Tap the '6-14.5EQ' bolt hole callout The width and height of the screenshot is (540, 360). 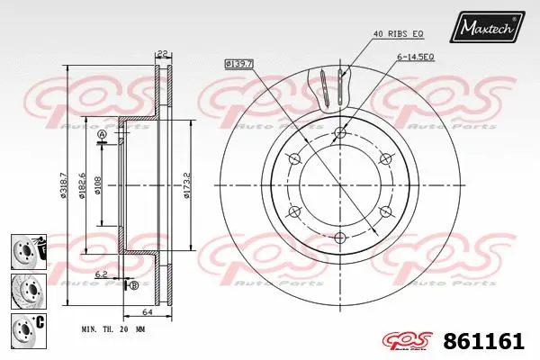coord(417,57)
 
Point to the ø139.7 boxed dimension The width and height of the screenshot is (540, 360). coord(239,64)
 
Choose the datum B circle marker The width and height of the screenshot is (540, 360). coord(134,285)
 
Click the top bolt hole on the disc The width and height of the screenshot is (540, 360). coord(339,135)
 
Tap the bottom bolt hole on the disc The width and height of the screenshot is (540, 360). coord(339,238)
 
